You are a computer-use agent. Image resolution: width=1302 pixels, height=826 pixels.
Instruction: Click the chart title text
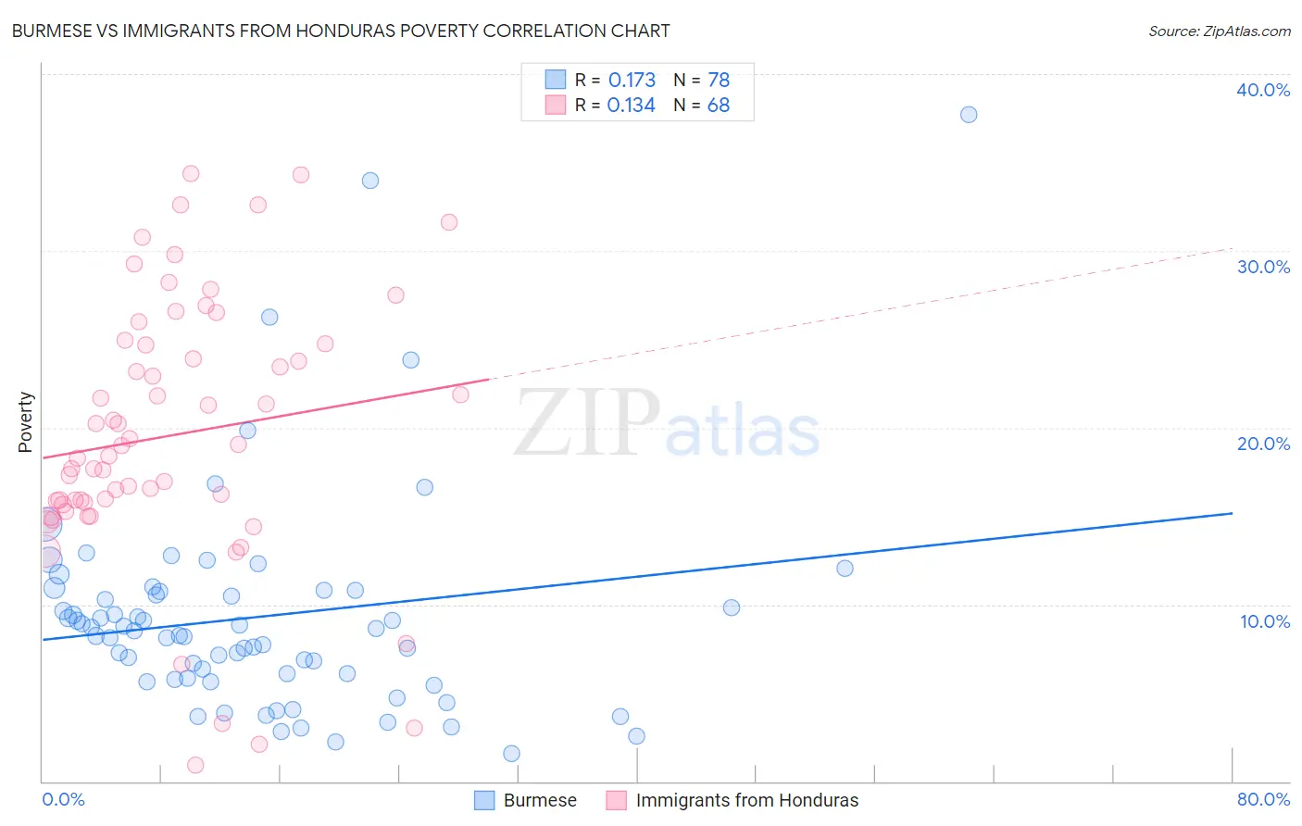click(341, 31)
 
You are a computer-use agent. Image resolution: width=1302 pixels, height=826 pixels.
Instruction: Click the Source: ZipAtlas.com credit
click(1219, 31)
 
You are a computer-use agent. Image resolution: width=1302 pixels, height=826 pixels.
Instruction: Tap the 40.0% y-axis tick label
click(1263, 90)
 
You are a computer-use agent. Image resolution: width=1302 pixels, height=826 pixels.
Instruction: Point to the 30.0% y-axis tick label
click(1263, 267)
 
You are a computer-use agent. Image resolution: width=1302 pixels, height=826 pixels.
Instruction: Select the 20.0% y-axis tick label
click(1263, 444)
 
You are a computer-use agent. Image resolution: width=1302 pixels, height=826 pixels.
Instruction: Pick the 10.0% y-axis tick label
click(1265, 621)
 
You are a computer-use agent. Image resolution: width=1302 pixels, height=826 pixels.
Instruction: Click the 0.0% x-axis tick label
click(63, 799)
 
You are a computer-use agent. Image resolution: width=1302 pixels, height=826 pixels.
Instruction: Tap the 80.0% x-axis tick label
click(1263, 799)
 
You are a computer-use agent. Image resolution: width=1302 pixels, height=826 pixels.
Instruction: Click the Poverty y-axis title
click(25, 422)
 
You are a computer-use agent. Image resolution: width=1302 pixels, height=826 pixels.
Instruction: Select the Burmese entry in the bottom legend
click(540, 800)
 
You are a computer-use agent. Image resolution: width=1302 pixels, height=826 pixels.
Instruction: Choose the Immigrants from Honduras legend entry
click(746, 800)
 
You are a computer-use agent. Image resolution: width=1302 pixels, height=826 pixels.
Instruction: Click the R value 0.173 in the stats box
click(632, 81)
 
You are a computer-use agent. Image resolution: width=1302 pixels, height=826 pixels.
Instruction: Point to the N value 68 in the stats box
click(719, 106)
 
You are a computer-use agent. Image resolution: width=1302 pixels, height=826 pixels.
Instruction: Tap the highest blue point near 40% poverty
click(969, 115)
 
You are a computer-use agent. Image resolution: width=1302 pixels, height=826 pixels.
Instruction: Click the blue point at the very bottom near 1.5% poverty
click(511, 754)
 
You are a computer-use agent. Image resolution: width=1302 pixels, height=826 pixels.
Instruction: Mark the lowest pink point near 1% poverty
click(195, 765)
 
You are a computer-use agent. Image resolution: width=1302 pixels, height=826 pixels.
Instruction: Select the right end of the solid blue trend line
click(1232, 513)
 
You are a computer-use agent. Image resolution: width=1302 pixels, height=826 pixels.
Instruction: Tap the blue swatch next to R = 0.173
click(555, 80)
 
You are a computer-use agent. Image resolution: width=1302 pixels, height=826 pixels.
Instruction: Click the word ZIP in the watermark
click(587, 423)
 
